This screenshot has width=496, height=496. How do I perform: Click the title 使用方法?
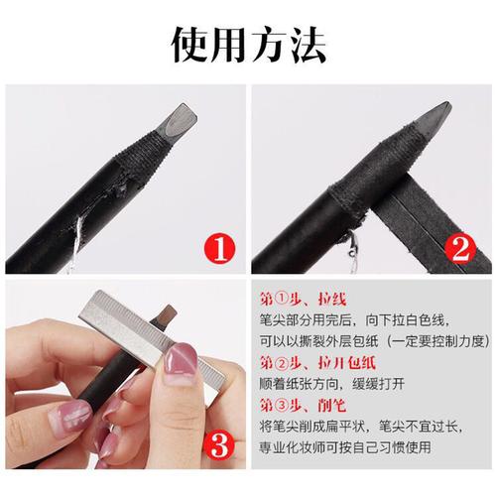tap(248, 41)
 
